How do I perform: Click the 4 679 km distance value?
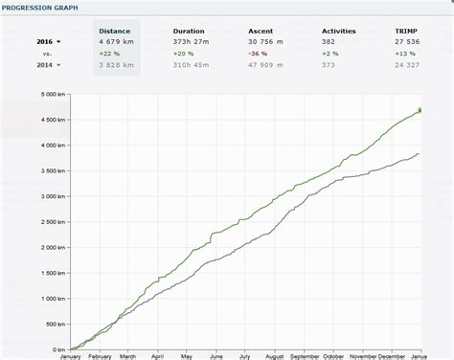point(118,42)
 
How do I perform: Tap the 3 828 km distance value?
point(118,65)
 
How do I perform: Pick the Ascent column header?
point(261,30)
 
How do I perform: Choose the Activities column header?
point(339,30)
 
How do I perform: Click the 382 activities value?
point(329,42)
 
